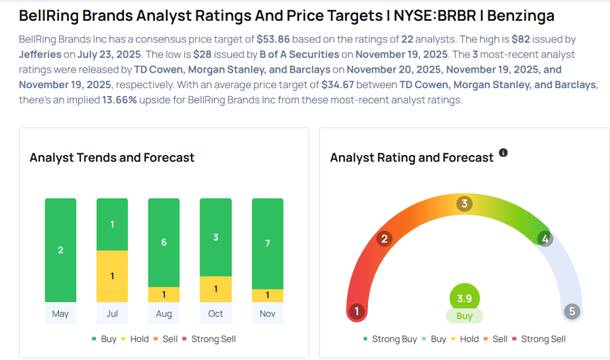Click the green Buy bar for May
tap(60, 250)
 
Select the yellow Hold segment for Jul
tap(112, 276)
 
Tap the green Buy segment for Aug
tap(164, 243)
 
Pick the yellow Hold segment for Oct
tap(216, 289)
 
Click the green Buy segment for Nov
tap(267, 244)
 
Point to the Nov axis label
tap(267, 314)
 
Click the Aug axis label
tap(164, 314)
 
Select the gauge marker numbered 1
tap(357, 311)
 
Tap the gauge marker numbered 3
tap(464, 204)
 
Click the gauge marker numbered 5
tap(572, 311)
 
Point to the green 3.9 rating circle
tap(464, 298)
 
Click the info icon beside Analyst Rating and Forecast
tap(503, 153)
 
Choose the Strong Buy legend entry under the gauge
tap(390, 339)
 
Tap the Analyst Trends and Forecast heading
tap(112, 158)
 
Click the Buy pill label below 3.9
tap(464, 316)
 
